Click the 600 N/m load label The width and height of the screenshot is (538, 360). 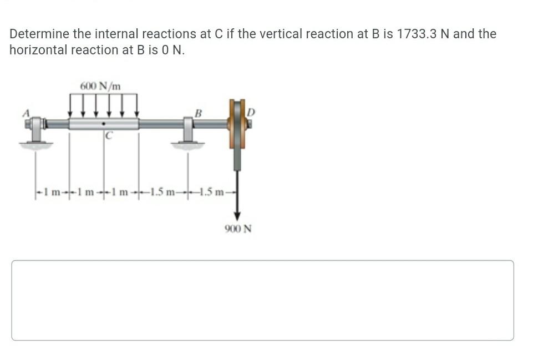click(100, 86)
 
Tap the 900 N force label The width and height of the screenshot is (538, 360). click(238, 229)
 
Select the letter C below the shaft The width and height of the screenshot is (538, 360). click(109, 135)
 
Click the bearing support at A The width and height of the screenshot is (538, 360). click(37, 130)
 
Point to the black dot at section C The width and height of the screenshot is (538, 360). click(104, 123)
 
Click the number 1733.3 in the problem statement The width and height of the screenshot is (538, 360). click(419, 34)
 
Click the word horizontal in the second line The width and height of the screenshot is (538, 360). click(37, 50)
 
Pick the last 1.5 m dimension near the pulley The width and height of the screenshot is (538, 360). click(212, 192)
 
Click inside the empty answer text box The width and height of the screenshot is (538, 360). click(262, 300)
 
